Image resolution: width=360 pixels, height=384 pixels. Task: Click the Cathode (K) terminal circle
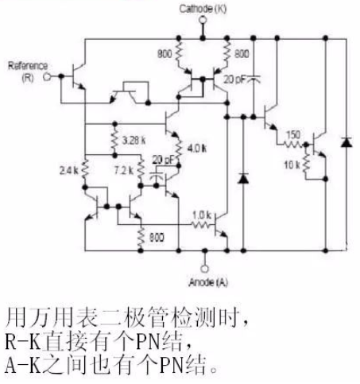[x=203, y=20]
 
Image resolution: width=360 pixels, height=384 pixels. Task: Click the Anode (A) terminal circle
[x=204, y=269]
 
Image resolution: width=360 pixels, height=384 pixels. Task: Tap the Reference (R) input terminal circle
[x=47, y=77]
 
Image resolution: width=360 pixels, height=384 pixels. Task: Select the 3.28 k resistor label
[x=134, y=140]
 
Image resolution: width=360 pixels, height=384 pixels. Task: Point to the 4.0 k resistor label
[x=196, y=149]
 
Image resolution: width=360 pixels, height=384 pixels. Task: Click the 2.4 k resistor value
[x=69, y=171]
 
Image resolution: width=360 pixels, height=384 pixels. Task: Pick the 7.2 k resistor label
[x=124, y=170]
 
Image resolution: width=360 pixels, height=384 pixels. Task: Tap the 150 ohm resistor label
[x=293, y=134]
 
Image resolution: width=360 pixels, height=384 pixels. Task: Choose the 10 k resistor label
[x=292, y=165]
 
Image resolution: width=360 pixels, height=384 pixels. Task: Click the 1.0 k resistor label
[x=202, y=215]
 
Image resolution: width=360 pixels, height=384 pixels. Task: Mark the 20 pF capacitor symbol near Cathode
[x=254, y=79]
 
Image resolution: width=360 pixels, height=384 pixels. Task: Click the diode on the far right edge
[x=346, y=142]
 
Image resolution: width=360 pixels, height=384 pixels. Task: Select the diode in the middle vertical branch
[x=243, y=178]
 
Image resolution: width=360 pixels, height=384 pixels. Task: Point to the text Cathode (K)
[x=203, y=9]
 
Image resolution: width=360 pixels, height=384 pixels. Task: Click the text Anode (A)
[x=208, y=282]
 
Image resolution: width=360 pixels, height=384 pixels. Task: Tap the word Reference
[x=28, y=66]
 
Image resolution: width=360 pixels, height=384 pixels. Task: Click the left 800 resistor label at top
[x=165, y=54]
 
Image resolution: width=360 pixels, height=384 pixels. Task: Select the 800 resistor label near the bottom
[x=157, y=238]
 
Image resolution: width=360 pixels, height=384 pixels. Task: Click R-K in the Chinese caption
[x=22, y=341]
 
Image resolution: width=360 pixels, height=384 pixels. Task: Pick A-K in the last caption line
[x=22, y=365]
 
